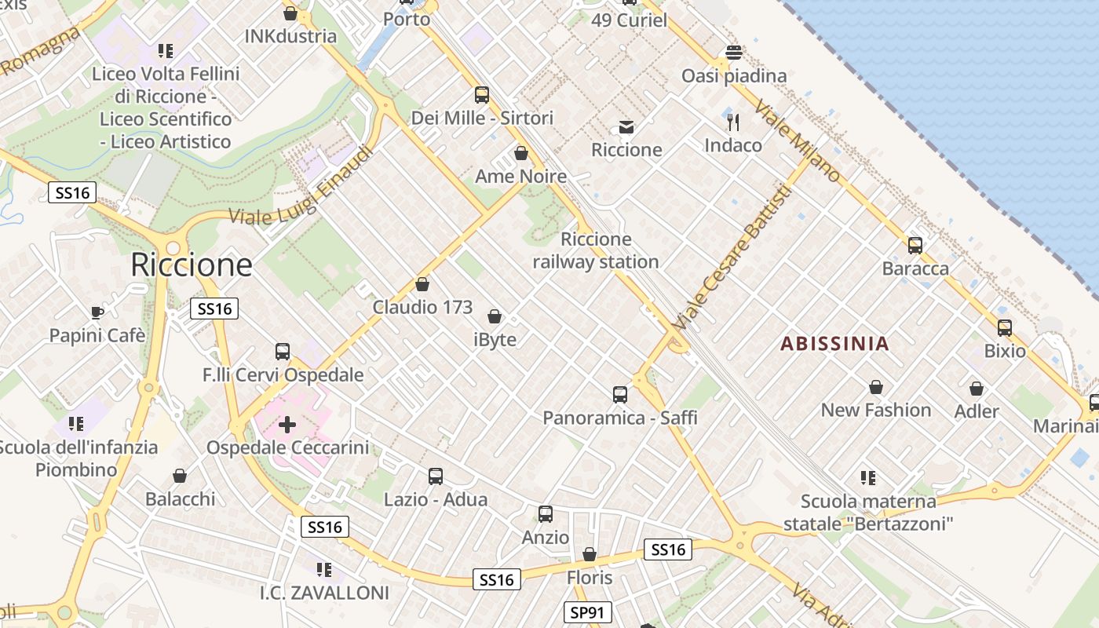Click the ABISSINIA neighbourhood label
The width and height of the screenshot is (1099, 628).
[835, 343]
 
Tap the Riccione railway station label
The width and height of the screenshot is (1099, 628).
[596, 250]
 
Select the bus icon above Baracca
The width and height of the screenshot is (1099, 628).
[915, 246]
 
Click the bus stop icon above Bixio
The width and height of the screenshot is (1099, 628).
[1005, 328]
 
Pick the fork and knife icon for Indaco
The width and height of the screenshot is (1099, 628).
[733, 122]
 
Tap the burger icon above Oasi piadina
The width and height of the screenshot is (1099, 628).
[734, 53]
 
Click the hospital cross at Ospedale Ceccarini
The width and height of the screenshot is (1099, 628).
[287, 425]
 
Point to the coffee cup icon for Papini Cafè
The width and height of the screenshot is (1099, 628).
[97, 312]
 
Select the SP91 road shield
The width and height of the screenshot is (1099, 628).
[587, 612]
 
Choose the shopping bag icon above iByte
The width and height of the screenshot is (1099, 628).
[495, 316]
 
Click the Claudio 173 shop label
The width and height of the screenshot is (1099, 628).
[422, 307]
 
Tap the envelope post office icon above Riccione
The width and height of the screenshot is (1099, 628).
[626, 127]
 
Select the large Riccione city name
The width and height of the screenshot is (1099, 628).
[192, 265]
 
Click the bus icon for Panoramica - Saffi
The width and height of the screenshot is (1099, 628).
[620, 395]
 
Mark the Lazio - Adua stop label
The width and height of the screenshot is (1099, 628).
[436, 499]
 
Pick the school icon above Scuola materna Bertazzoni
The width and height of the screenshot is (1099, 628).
[867, 477]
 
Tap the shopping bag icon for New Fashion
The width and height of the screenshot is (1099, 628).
[876, 387]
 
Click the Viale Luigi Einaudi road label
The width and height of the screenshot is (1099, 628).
[300, 187]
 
